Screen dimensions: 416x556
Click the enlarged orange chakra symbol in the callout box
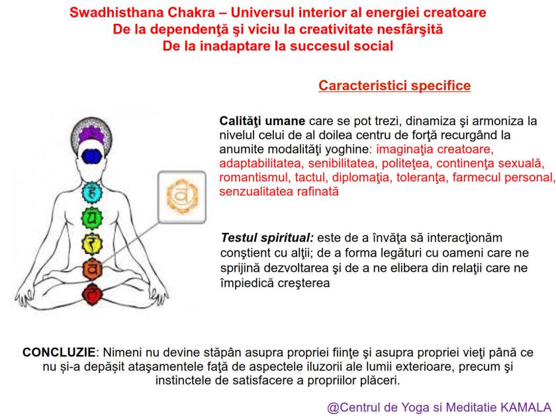coord(177,196)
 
